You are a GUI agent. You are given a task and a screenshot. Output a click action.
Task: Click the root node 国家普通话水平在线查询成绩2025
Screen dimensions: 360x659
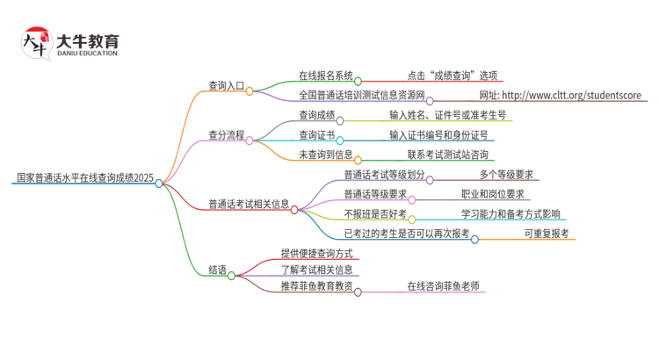point(83,178)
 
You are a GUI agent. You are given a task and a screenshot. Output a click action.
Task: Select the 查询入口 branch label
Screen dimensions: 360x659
point(226,86)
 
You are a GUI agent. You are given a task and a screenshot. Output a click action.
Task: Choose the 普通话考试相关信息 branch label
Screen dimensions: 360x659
point(249,204)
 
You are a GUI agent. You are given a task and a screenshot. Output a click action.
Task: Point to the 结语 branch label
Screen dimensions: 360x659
point(217,270)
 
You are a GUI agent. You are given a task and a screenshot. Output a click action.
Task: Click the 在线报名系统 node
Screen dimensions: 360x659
point(325,76)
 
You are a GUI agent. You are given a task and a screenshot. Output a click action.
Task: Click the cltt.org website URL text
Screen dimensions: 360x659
point(560,96)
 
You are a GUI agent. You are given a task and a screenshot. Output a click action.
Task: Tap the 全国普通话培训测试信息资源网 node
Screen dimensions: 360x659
point(361,96)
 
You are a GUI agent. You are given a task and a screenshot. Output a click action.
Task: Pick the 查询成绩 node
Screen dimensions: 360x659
point(316,115)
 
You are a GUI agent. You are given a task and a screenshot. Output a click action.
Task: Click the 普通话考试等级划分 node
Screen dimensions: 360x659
point(384,175)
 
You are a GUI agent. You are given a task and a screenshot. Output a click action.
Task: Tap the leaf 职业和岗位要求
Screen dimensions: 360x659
point(492,195)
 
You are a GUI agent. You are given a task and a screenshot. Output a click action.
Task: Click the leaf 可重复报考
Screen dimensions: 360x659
point(547,234)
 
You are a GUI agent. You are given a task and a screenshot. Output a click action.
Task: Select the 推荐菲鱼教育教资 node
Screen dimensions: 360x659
point(316,286)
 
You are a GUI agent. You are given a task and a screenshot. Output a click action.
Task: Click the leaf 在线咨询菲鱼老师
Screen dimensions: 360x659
point(443,286)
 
